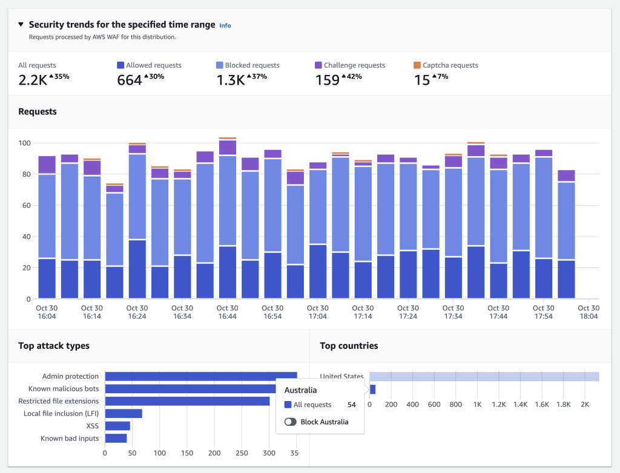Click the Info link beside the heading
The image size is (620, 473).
[x=225, y=25]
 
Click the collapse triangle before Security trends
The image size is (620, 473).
[x=21, y=25]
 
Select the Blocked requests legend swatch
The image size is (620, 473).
[x=220, y=65]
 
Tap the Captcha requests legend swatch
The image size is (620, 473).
[x=417, y=65]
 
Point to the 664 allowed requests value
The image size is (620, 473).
[x=129, y=80]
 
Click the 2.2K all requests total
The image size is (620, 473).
[x=31, y=80]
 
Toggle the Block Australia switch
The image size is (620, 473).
[x=290, y=422]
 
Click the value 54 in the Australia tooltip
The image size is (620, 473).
[x=351, y=405]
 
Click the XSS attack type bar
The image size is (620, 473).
[x=117, y=426]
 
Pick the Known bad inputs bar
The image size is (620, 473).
[x=116, y=438]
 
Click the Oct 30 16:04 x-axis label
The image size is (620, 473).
[x=47, y=312]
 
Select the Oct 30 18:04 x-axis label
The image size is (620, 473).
[x=589, y=312]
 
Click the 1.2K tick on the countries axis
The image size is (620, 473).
[x=498, y=404]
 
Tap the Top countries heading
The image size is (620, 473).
[x=349, y=346]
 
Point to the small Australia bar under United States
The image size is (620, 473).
[x=372, y=389]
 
